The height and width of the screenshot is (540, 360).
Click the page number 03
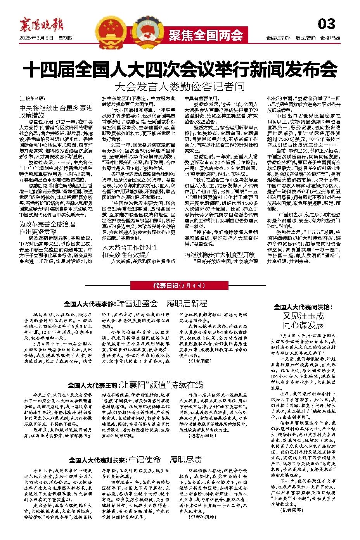click(326, 24)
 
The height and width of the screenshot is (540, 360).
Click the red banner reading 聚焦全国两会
click(206, 35)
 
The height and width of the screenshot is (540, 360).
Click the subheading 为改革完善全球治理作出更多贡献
click(47, 228)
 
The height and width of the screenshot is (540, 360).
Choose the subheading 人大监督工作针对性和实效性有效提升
click(130, 251)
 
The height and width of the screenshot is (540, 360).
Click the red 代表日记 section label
click(179, 286)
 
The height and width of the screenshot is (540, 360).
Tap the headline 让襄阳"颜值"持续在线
click(163, 385)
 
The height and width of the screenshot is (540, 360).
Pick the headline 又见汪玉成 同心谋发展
click(303, 320)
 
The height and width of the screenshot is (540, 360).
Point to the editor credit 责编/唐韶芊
click(279, 38)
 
